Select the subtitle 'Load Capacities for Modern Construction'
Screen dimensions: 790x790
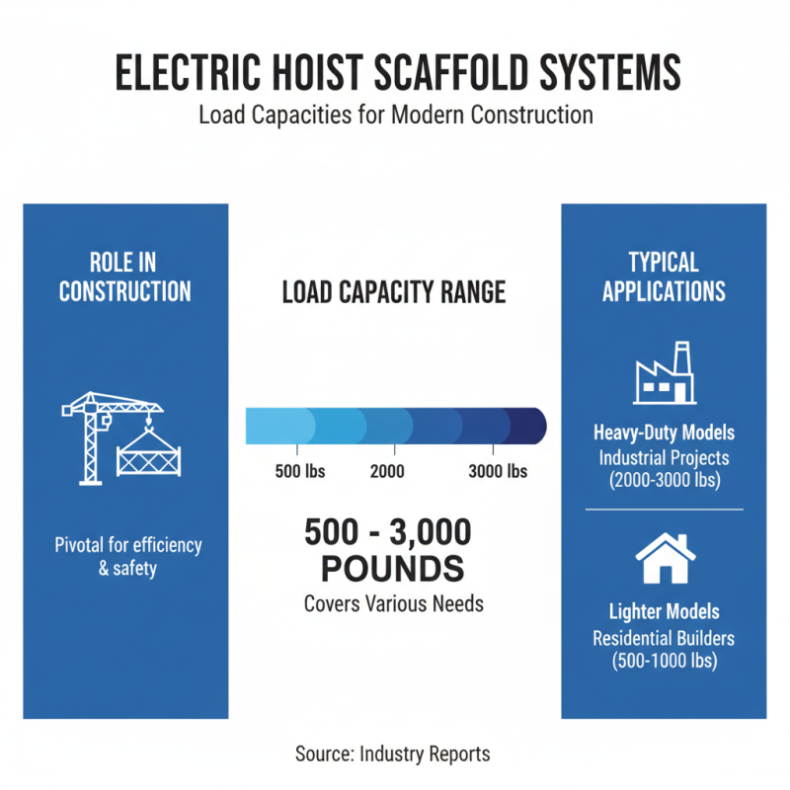tap(395, 115)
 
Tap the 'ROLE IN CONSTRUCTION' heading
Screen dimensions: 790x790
tap(124, 276)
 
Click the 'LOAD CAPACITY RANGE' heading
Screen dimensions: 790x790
tap(394, 292)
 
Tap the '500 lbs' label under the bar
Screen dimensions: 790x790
tap(299, 471)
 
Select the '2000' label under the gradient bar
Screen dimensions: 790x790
tap(387, 471)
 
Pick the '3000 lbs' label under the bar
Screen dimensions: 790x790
tap(498, 471)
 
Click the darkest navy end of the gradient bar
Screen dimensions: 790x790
tap(531, 428)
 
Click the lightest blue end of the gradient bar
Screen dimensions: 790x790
tap(259, 428)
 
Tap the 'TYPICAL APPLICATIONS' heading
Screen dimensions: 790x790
tap(664, 276)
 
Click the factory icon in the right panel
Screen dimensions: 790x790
tap(664, 373)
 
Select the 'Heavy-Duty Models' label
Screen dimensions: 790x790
tap(664, 434)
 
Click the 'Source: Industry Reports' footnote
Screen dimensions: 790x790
tap(393, 753)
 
